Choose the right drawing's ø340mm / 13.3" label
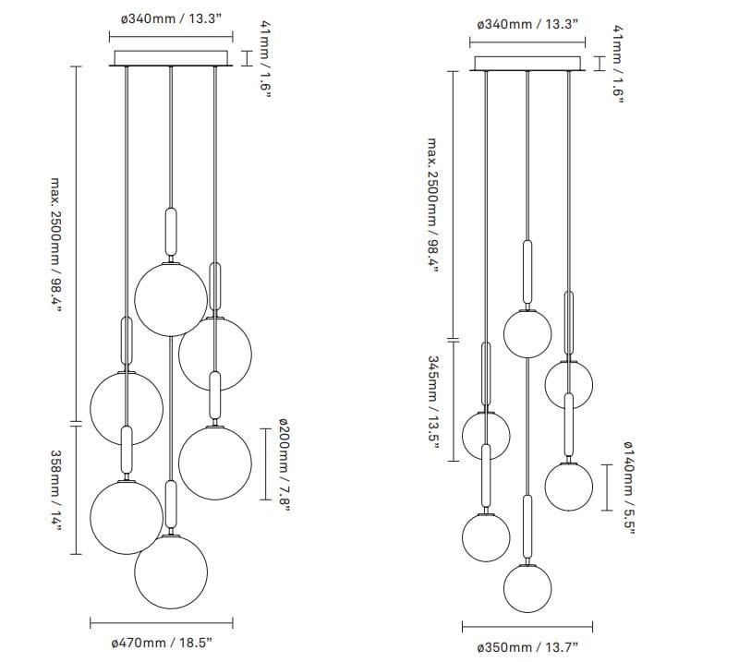click(527, 24)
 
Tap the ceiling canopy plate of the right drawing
click(527, 62)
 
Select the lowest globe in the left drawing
click(171, 571)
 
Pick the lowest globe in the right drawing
click(527, 583)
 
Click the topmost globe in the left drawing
click(171, 297)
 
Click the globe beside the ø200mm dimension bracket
click(214, 462)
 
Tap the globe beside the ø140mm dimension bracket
click(568, 486)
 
